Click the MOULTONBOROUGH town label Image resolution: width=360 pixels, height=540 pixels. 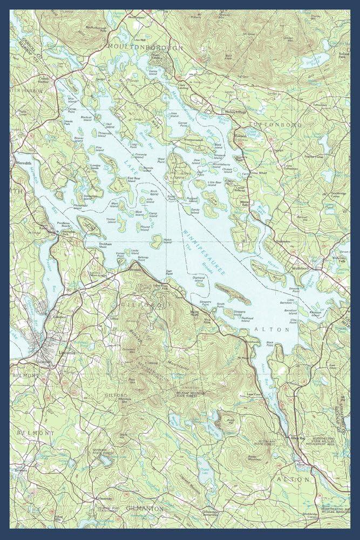tap(145, 47)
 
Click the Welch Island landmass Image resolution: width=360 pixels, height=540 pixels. tap(157, 240)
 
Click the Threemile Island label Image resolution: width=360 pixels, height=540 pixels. tap(104, 132)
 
